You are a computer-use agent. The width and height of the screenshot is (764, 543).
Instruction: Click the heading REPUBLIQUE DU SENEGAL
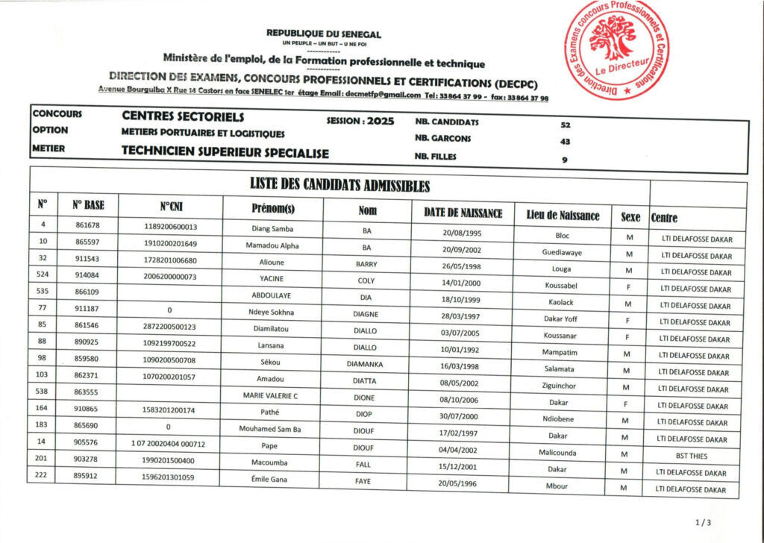[323, 34]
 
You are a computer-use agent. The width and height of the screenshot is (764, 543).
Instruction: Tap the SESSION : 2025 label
[360, 122]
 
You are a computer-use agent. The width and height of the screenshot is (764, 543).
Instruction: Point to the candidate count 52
[565, 125]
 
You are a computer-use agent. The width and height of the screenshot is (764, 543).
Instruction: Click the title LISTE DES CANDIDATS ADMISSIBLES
[339, 185]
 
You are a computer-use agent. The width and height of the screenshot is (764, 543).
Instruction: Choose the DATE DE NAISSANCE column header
[463, 213]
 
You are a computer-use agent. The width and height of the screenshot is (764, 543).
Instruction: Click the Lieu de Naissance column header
[563, 216]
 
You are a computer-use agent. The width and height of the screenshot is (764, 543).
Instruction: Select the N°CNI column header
[170, 207]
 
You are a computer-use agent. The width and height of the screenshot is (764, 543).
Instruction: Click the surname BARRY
[366, 264]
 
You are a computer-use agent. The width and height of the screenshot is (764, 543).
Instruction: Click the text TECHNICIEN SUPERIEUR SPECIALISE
[225, 151]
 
